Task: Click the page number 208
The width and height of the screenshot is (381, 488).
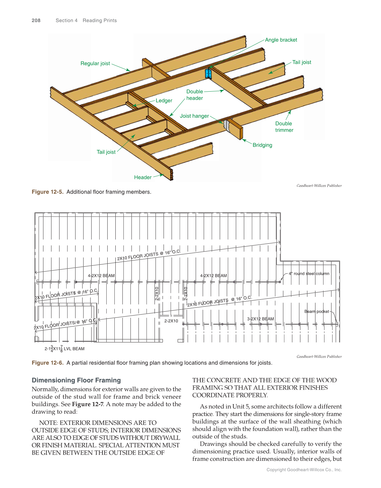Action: (36, 20)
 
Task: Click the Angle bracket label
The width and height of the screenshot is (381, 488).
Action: (281, 40)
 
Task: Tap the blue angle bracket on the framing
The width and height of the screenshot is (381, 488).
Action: (208, 74)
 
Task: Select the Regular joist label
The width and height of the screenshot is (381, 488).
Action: (95, 63)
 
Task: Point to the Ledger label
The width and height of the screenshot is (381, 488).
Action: (164, 101)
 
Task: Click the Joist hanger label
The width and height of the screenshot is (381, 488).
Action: (194, 116)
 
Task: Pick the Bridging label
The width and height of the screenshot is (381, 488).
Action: (262, 145)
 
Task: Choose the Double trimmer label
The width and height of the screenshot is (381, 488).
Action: (284, 127)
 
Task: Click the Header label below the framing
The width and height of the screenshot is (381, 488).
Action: (143, 177)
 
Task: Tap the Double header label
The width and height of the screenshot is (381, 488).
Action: (195, 95)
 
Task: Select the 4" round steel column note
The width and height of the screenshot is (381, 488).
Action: (309, 273)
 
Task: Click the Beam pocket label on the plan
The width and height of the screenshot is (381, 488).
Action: (316, 311)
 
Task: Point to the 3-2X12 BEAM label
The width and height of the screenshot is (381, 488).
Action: (260, 319)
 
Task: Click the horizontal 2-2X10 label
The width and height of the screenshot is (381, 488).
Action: (171, 321)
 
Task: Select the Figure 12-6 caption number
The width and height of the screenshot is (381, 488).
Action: (48, 363)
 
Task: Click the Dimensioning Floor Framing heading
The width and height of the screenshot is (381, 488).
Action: (76, 380)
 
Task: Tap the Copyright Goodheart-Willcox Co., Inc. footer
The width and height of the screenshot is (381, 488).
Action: (304, 470)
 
